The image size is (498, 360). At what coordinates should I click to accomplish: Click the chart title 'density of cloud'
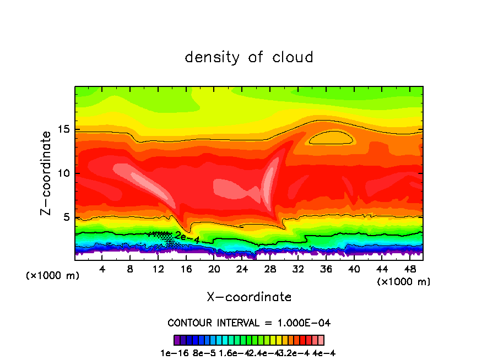click(249, 57)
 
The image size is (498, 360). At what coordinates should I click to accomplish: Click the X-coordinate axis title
click(249, 297)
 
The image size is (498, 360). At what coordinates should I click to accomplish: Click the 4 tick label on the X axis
click(102, 269)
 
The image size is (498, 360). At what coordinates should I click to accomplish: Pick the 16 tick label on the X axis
click(186, 269)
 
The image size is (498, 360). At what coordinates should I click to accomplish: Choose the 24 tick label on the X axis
click(242, 269)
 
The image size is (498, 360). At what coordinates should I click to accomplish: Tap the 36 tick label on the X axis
click(326, 269)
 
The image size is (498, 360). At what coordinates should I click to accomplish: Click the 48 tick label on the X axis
click(409, 269)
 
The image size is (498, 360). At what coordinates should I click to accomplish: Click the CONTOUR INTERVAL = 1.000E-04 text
click(249, 323)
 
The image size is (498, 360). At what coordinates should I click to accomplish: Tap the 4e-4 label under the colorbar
click(324, 353)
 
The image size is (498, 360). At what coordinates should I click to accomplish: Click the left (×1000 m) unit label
click(53, 275)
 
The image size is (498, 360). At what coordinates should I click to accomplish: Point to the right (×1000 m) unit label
click(404, 281)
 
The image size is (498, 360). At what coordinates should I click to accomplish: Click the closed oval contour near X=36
click(331, 137)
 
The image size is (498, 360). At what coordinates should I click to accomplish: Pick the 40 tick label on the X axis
click(354, 269)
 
